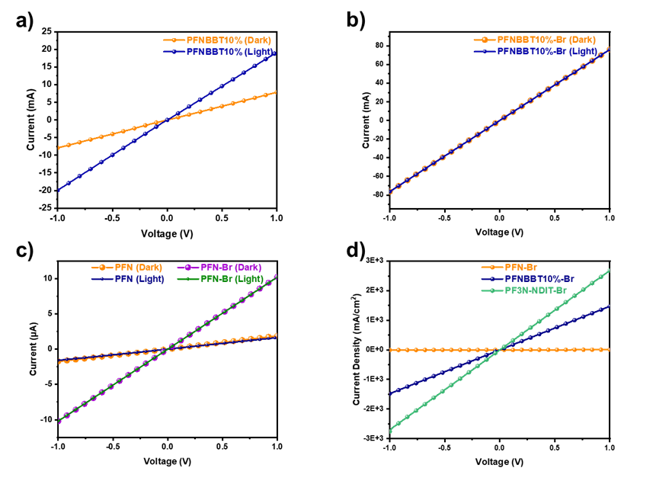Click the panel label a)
[x=26, y=22]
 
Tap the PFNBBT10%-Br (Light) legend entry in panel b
[x=546, y=51]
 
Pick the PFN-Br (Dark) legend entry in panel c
[x=229, y=267]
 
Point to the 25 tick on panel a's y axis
[x=48, y=31]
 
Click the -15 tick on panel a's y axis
[x=46, y=172]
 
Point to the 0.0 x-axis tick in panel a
[x=167, y=217]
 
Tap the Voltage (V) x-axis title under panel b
[x=498, y=231]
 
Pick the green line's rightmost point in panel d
[x=609, y=270]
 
